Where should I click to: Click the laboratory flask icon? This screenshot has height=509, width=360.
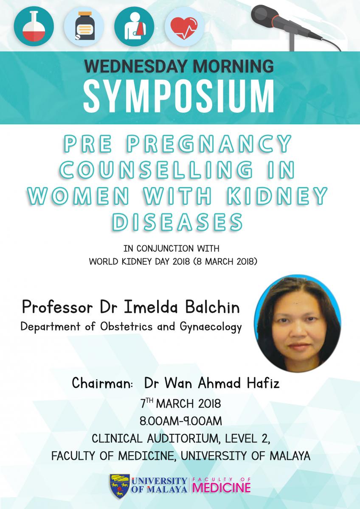[34, 26]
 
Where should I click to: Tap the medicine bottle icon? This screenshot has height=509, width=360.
[84, 26]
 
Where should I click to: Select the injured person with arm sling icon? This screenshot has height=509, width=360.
[134, 26]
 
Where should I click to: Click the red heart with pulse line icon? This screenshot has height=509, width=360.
[184, 27]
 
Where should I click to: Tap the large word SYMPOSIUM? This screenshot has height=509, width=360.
[179, 96]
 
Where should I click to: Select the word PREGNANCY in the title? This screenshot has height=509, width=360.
[209, 144]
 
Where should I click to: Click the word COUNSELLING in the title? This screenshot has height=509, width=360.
[156, 170]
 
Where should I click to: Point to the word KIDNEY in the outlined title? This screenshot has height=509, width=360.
[278, 196]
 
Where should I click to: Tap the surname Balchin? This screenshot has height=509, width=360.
[212, 307]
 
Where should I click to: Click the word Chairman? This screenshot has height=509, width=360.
[102, 383]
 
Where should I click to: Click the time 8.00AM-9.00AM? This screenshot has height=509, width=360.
[181, 421]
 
